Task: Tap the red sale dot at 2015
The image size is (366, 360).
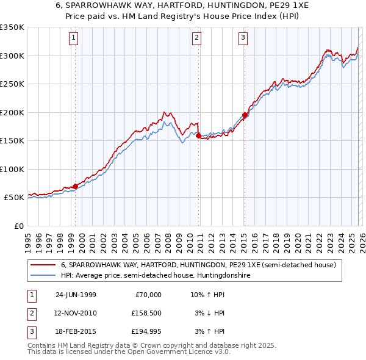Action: click(245, 115)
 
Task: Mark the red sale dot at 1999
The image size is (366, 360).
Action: click(76, 186)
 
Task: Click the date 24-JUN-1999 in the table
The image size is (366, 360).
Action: click(76, 295)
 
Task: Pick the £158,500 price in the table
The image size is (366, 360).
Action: click(146, 313)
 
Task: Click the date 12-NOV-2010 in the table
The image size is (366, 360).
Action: click(76, 313)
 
